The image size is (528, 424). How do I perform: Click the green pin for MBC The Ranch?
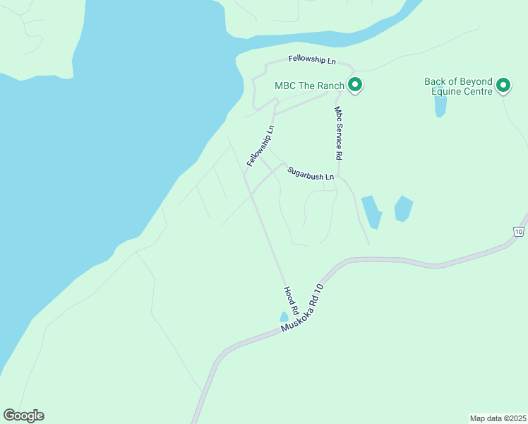(x=356, y=86)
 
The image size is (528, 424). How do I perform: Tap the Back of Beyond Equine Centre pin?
(x=503, y=86)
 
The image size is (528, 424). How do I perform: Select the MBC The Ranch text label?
(x=309, y=86)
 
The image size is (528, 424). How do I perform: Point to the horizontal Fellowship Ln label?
(x=311, y=60)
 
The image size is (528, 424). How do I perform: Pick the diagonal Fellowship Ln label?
(x=260, y=146)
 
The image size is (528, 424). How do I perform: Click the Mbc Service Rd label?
(x=338, y=133)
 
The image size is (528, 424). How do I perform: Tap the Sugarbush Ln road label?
(x=310, y=173)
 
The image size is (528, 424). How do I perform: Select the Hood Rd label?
(x=291, y=300)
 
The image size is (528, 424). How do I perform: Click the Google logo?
(x=23, y=416)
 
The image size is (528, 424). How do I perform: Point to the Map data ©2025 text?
(x=498, y=418)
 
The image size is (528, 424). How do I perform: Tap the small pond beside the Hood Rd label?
(x=284, y=317)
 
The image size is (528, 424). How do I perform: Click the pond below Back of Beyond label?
(x=440, y=106)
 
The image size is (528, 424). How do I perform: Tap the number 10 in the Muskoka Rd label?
(x=319, y=289)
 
